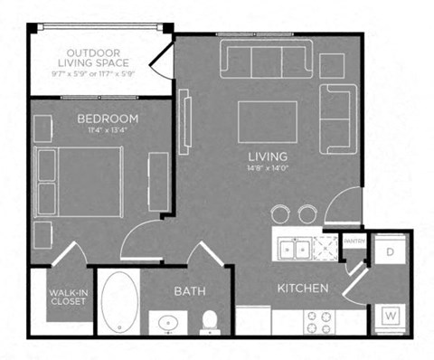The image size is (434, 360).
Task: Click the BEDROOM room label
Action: [107, 118]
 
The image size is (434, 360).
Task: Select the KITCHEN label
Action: [302, 289]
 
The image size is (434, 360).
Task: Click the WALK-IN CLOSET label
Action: [68, 297]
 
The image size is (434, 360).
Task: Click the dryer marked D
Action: [392, 251]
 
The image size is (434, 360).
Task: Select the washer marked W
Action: [392, 315]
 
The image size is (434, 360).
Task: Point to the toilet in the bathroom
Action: [210, 320]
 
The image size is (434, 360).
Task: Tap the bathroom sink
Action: [168, 322]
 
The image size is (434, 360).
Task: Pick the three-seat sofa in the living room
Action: [266, 60]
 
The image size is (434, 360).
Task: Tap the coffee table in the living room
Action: [268, 122]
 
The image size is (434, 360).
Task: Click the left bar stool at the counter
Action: [280, 213]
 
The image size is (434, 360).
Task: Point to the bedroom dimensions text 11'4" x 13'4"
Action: [107, 132]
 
